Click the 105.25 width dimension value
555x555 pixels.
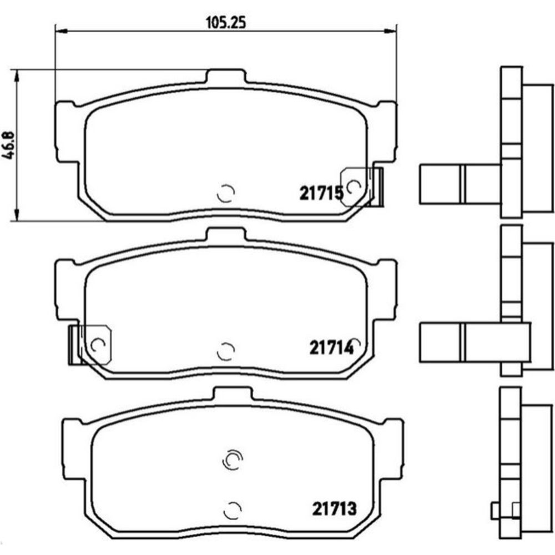(226, 23)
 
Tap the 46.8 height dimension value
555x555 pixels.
(8, 145)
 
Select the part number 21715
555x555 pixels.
(321, 193)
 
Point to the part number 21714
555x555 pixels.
(332, 347)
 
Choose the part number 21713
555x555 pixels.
(334, 509)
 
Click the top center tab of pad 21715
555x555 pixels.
(226, 76)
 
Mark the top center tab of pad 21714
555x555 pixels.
(226, 234)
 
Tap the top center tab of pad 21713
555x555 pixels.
(233, 393)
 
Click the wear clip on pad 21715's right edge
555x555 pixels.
(362, 186)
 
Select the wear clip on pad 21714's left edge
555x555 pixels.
(90, 345)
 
